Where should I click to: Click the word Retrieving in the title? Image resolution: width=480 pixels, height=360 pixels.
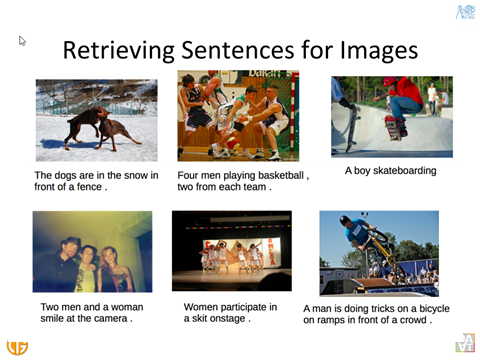[x=119, y=51]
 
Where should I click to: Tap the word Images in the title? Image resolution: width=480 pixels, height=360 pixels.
[x=379, y=49]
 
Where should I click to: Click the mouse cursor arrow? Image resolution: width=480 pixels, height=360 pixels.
[x=22, y=41]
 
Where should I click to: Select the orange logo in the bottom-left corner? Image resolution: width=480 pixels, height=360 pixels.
[x=17, y=347]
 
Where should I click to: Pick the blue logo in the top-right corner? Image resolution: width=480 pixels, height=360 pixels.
[x=465, y=12]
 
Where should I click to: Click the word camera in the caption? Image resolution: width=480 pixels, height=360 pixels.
[x=111, y=319]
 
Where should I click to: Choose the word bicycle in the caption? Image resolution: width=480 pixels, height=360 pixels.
[x=434, y=309]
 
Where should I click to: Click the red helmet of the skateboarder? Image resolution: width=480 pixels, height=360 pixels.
[x=390, y=81]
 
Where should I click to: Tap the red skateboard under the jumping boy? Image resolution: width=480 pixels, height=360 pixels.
[x=392, y=127]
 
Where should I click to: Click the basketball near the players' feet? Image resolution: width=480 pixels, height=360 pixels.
[x=233, y=143]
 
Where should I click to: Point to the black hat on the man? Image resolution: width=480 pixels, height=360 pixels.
[x=70, y=242]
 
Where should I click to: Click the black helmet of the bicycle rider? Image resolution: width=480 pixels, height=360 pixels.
[x=345, y=220]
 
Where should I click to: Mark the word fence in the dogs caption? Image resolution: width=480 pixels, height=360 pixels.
[x=89, y=187]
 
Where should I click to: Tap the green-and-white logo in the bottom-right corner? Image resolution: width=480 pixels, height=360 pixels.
[x=465, y=343]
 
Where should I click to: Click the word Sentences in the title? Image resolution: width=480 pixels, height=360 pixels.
[x=238, y=51]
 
